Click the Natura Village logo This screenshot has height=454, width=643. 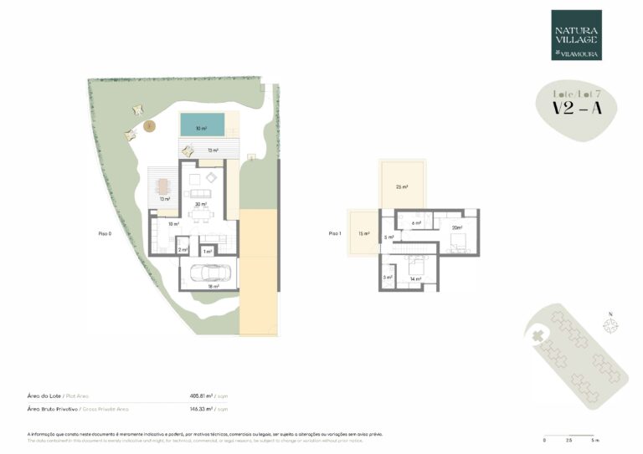pyautogui.click(x=576, y=35)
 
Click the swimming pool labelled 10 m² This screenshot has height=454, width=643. pyautogui.click(x=202, y=125)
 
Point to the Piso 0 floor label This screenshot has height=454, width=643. pyautogui.click(x=104, y=234)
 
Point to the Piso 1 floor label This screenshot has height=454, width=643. pyautogui.click(x=335, y=233)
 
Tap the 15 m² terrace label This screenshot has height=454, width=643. pyautogui.click(x=363, y=233)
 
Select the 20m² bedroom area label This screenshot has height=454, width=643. pyautogui.click(x=456, y=227)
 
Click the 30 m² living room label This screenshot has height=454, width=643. pyautogui.click(x=201, y=204)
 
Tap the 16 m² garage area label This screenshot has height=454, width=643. pyautogui.click(x=213, y=287)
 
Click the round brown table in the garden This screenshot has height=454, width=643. pyautogui.click(x=149, y=126)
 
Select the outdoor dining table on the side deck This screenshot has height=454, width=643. pyautogui.click(x=162, y=185)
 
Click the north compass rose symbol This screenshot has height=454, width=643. pyautogui.click(x=610, y=326)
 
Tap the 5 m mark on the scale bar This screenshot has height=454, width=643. pyautogui.click(x=595, y=439)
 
